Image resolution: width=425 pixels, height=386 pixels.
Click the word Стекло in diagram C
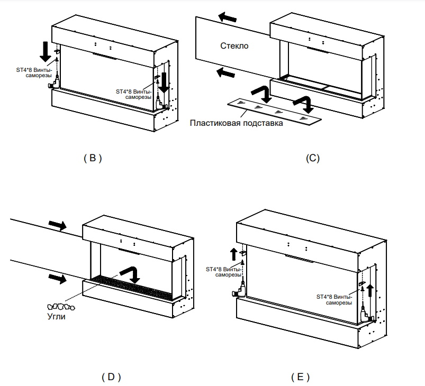[x=234, y=46]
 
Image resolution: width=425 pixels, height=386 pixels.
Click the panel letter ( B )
[x=93, y=158]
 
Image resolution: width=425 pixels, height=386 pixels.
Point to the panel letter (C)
[x=313, y=158]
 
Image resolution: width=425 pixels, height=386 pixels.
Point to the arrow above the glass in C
[x=227, y=18]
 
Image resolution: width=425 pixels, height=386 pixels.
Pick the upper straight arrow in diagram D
[x=57, y=225]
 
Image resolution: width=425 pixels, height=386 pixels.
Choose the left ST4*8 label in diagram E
[x=223, y=272]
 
